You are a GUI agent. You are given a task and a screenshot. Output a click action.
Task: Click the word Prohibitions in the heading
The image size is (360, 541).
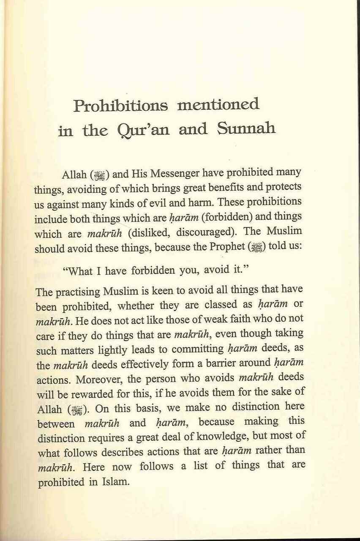click(x=120, y=106)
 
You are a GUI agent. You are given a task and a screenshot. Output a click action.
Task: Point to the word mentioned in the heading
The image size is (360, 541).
click(x=218, y=104)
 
